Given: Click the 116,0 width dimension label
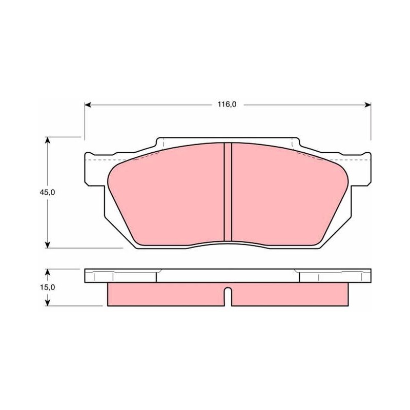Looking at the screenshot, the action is tap(227, 105).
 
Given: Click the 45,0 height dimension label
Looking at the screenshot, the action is tap(47, 193).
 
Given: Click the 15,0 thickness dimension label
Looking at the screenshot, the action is tap(47, 288).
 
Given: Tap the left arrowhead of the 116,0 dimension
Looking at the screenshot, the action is tap(88, 105).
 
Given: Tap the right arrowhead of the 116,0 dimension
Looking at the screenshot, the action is tap(368, 105).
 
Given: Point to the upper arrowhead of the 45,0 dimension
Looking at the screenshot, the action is tap(47, 140).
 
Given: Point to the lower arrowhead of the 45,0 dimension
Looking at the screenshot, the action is tap(47, 245).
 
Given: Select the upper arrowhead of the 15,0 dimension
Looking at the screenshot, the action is tap(47, 272).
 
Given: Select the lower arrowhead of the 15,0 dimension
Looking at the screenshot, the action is tap(47, 302).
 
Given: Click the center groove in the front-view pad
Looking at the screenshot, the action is tap(228, 192).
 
